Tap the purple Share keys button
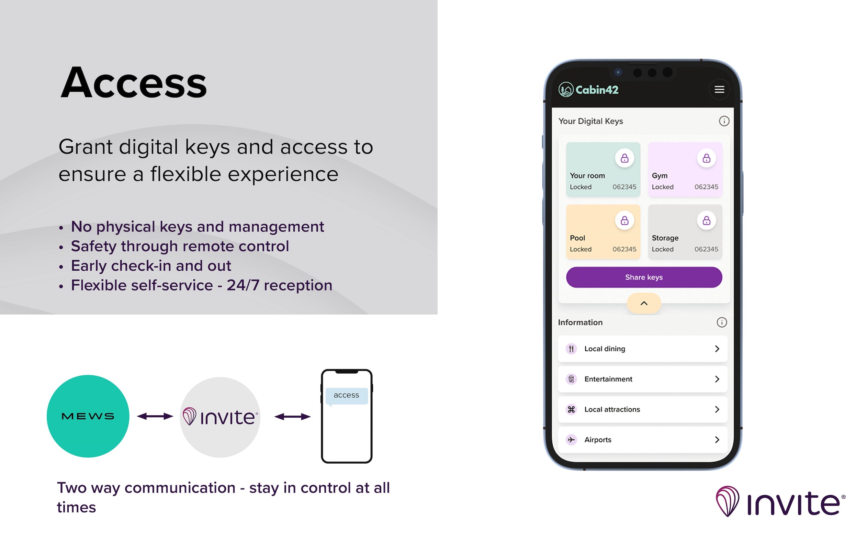click(644, 277)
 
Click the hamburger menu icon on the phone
click(719, 89)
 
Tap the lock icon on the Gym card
click(706, 158)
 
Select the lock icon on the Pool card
click(624, 220)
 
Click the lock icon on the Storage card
click(706, 220)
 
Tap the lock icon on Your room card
click(624, 158)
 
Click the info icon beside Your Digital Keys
click(724, 121)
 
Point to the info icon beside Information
click(721, 322)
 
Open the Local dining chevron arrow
click(717, 349)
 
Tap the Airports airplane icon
click(571, 440)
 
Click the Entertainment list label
click(608, 379)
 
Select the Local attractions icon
click(571, 409)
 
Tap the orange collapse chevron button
click(644, 303)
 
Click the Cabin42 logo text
click(597, 90)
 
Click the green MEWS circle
click(88, 416)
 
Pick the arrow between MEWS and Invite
click(155, 416)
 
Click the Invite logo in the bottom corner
click(780, 501)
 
